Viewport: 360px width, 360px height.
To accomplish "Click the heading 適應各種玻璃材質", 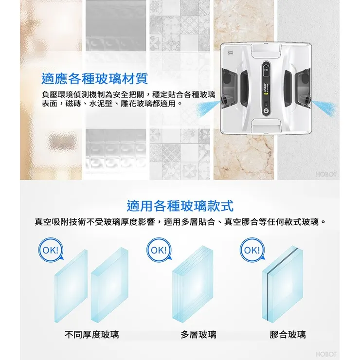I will click(x=95, y=78).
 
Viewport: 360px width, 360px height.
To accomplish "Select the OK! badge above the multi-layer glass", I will click(x=159, y=251).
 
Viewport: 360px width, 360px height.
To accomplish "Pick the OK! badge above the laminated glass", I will click(x=251, y=251).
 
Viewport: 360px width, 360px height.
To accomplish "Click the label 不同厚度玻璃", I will click(x=92, y=334).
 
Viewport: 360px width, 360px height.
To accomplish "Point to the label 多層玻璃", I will click(x=198, y=334).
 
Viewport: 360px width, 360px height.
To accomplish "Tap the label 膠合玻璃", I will click(x=288, y=334).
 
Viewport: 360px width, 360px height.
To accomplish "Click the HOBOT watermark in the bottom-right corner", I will click(x=326, y=354).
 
